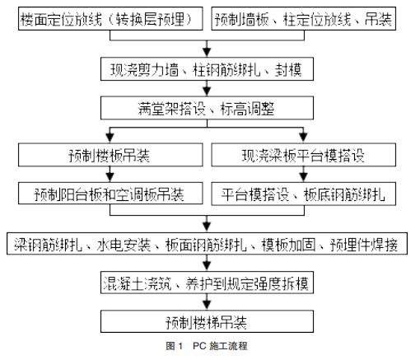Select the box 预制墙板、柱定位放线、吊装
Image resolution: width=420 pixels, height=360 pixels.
[314, 16]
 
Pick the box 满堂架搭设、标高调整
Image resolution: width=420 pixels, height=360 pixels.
[209, 109]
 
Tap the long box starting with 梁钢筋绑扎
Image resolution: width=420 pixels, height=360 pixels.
[209, 245]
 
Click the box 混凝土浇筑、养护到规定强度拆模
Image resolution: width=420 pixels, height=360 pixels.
[209, 284]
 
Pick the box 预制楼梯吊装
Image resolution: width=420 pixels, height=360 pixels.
[209, 320]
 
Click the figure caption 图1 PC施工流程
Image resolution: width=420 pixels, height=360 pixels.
[209, 347]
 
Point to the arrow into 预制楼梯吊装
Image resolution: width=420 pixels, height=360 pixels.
[209, 302]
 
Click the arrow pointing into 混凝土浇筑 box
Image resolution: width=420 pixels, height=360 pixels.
[209, 264]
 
